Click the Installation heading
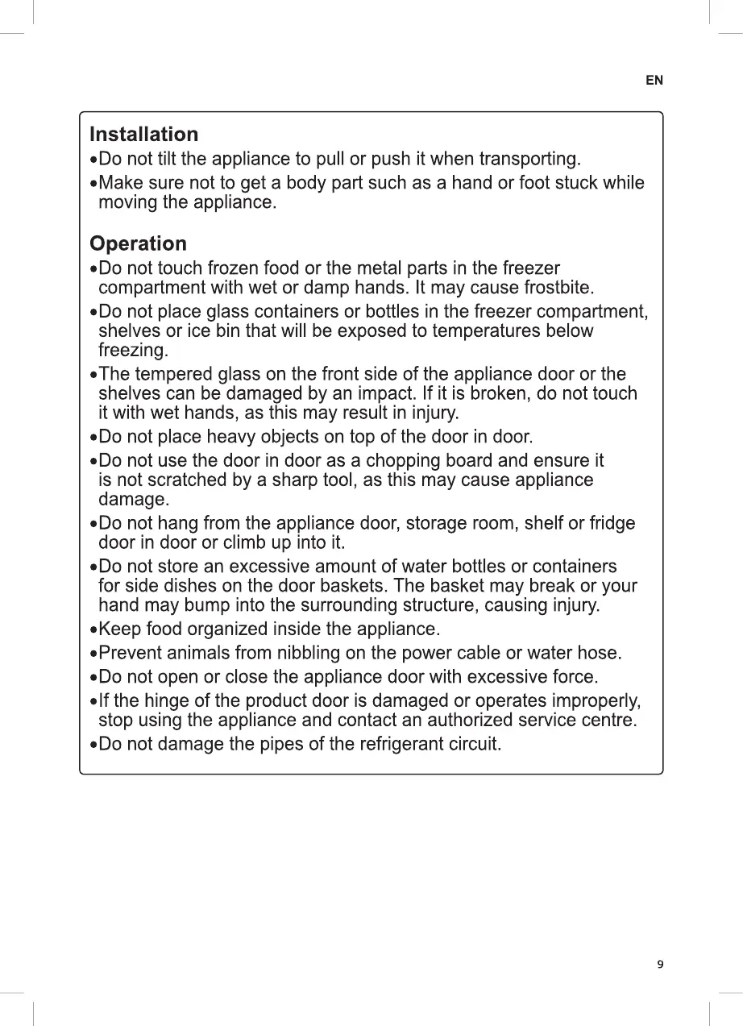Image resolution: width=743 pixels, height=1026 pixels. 143,134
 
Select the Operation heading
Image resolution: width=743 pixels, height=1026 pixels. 138,243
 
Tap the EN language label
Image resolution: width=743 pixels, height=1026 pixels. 654,81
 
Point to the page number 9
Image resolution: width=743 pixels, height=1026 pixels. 660,965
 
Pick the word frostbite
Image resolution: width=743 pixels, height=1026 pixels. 558,288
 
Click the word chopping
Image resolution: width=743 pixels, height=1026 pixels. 393,460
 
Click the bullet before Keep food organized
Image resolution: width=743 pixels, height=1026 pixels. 93,629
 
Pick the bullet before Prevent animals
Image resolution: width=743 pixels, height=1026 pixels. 93,653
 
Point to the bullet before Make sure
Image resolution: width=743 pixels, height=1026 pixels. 93,184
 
